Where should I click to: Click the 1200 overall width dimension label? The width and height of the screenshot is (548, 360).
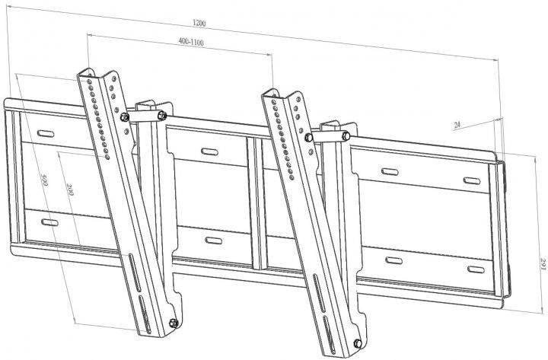tap(199, 23)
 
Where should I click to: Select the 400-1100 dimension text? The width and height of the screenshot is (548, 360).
tap(191, 42)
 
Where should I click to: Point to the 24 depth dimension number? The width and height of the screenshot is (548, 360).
tap(457, 125)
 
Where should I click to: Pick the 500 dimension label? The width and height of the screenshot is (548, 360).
tap(45, 180)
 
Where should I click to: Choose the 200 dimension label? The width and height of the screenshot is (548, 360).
tap(70, 189)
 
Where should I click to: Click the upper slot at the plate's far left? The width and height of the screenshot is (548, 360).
tap(46, 133)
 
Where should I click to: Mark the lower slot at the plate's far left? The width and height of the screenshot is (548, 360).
tap(49, 222)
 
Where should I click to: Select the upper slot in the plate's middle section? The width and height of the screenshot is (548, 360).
tap(210, 151)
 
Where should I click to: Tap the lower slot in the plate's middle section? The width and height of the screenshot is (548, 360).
tap(214, 241)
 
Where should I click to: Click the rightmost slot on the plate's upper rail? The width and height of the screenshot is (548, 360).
tap(472, 180)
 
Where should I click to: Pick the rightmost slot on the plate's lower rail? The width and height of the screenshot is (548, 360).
tap(476, 269)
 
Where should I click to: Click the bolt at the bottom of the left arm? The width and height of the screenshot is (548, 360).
tap(174, 323)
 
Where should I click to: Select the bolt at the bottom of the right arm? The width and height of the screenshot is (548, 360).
tap(358, 343)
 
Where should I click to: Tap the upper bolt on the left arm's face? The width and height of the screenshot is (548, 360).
tap(124, 116)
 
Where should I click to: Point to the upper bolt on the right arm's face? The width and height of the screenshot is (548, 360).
tap(308, 137)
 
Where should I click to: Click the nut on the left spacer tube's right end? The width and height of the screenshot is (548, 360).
tap(162, 115)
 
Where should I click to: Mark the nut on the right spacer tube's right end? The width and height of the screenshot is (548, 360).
tap(346, 135)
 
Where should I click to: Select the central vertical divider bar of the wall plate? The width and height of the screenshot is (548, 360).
tap(257, 203)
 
